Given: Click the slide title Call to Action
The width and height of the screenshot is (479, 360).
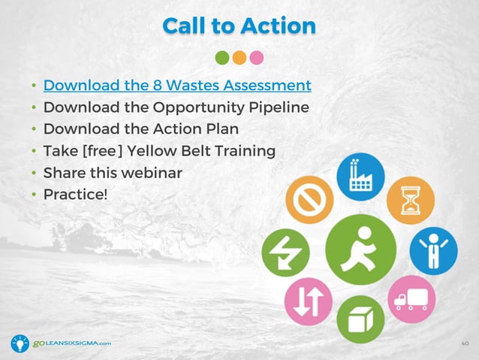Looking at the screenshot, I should pyautogui.click(x=239, y=26).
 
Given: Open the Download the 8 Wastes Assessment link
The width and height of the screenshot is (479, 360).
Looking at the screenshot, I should pyautogui.click(x=176, y=84).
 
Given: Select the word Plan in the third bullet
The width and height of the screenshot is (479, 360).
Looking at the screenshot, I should pyautogui.click(x=222, y=129).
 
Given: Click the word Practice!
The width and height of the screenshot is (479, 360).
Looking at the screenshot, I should pyautogui.click(x=75, y=195).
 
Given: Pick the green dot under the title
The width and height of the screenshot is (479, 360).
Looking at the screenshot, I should pyautogui.click(x=222, y=57).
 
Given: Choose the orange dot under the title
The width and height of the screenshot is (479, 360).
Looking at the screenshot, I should pyautogui.click(x=239, y=57).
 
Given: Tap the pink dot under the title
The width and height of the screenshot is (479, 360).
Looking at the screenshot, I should pyautogui.click(x=257, y=57).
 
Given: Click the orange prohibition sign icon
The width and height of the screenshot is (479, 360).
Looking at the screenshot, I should pyautogui.click(x=309, y=200).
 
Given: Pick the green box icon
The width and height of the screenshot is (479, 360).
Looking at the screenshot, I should pyautogui.click(x=360, y=319).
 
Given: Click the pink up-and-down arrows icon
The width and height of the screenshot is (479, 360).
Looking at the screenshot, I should pyautogui.click(x=309, y=299).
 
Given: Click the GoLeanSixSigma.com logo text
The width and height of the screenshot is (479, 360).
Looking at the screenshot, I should pyautogui.click(x=72, y=343).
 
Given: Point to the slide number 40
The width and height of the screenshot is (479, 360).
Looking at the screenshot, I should pyautogui.click(x=463, y=343).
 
